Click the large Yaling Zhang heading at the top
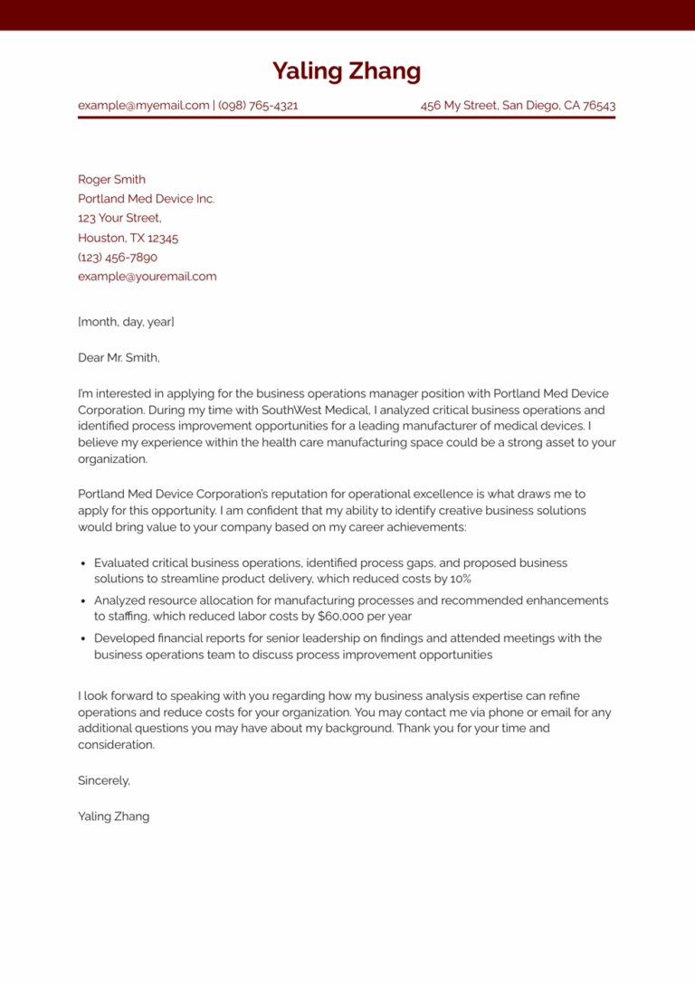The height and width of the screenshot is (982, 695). tap(347, 71)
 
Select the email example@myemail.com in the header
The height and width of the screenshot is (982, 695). tap(143, 106)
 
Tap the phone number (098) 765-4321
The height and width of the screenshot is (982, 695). tap(258, 106)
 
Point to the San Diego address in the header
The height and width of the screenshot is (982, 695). tap(518, 106)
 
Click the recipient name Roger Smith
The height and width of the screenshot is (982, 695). tap(111, 180)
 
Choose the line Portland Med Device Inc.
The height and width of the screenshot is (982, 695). tap(146, 199)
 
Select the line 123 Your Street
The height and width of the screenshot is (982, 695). tap(119, 219)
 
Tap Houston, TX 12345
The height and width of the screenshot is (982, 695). tap(128, 239)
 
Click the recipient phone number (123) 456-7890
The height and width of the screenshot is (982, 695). tap(117, 258)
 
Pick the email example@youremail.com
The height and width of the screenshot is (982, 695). tap(147, 277)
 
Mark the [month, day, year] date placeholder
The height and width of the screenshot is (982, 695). tap(126, 322)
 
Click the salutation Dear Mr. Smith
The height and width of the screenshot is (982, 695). tap(119, 358)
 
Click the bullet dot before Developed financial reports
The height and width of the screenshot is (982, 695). tap(83, 639)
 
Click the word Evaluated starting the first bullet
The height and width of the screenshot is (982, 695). tap(122, 563)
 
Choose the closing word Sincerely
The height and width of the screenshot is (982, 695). tap(104, 780)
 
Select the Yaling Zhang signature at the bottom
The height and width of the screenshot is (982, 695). tap(113, 817)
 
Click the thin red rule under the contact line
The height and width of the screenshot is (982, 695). tap(347, 118)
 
